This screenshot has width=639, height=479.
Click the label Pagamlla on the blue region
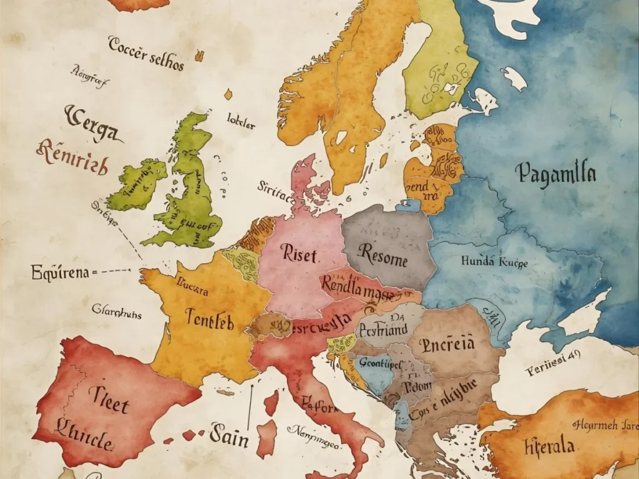(556, 173)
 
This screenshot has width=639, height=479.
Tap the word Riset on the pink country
(299, 254)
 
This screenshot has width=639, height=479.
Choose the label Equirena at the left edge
(59, 272)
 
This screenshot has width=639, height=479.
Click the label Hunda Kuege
(494, 263)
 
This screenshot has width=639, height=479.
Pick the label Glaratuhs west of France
(117, 313)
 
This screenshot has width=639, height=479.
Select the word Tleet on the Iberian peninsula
(109, 399)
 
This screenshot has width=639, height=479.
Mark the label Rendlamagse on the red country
(359, 287)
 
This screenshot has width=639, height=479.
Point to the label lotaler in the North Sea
(241, 120)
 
